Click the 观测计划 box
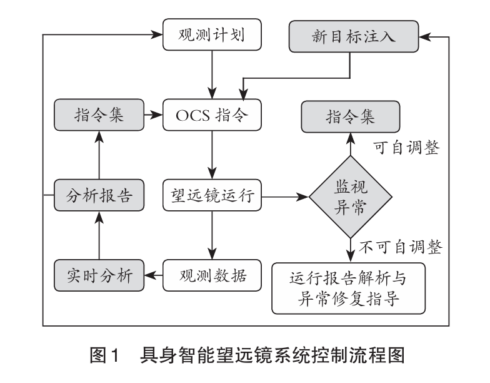click(x=211, y=35)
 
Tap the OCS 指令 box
click(x=211, y=115)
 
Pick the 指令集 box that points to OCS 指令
click(x=98, y=115)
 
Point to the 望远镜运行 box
click(x=211, y=197)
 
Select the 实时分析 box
click(x=98, y=275)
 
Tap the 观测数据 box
click(x=211, y=275)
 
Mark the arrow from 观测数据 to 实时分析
click(x=153, y=275)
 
